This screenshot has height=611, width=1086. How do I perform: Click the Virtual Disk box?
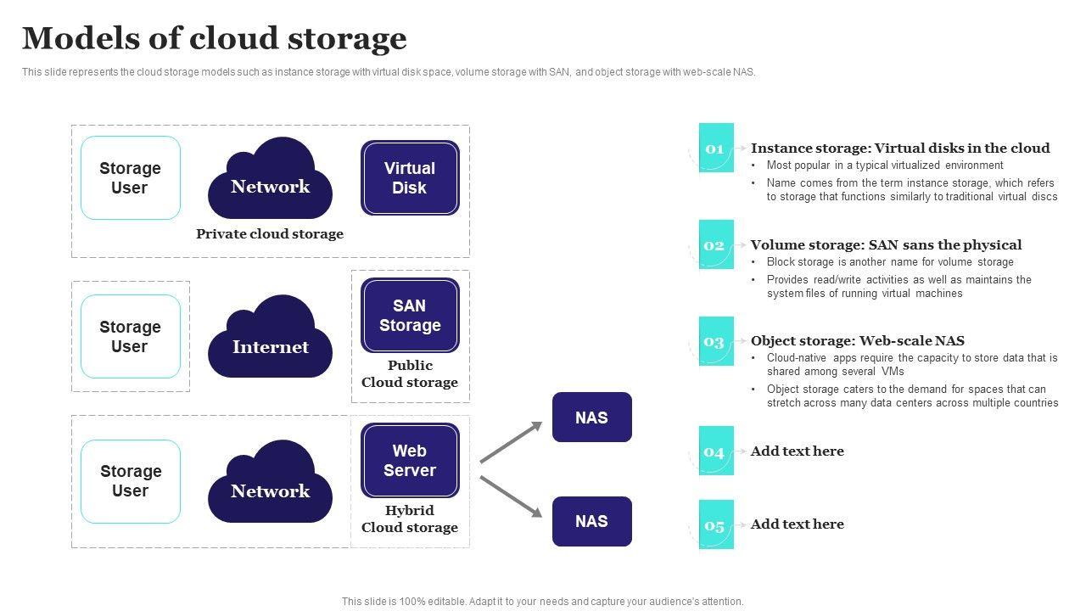click(x=410, y=178)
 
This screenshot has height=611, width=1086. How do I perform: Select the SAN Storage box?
click(x=410, y=316)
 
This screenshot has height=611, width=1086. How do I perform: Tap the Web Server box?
click(x=410, y=461)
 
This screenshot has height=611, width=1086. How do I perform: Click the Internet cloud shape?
click(x=270, y=339)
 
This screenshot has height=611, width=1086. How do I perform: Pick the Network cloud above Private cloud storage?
click(x=270, y=181)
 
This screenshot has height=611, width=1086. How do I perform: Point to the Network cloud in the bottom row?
click(x=270, y=484)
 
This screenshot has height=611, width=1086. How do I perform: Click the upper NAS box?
click(x=591, y=418)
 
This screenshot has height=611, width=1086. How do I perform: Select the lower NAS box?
click(x=591, y=521)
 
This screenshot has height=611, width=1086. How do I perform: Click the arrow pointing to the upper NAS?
click(x=512, y=442)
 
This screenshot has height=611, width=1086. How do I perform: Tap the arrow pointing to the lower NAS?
click(x=512, y=496)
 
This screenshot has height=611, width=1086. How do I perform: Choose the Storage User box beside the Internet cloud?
click(x=130, y=337)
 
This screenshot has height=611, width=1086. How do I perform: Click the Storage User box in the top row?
click(x=130, y=178)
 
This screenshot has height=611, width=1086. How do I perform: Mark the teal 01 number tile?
click(x=715, y=149)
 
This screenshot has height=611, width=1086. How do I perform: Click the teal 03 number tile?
click(x=715, y=341)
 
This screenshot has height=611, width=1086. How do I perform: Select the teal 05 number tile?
click(x=715, y=524)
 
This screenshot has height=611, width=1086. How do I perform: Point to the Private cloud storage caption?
click(x=270, y=234)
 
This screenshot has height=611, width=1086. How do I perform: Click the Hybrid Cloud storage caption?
click(x=410, y=519)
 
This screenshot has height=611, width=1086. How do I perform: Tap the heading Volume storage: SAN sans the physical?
click(x=886, y=244)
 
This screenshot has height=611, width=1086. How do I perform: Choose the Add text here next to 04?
click(x=797, y=451)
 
